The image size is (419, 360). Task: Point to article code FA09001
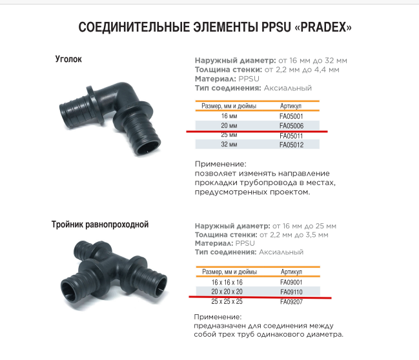tap(291, 282)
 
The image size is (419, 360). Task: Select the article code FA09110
tap(291, 292)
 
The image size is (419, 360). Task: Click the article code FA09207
tap(291, 302)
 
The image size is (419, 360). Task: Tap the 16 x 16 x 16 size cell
tap(227, 282)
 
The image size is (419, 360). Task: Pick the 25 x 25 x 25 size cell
tap(227, 302)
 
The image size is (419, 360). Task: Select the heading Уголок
tap(68, 60)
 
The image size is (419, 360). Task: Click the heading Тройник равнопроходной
tap(100, 225)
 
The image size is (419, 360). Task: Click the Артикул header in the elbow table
tap(291, 106)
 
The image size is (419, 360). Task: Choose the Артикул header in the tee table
tap(291, 272)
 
